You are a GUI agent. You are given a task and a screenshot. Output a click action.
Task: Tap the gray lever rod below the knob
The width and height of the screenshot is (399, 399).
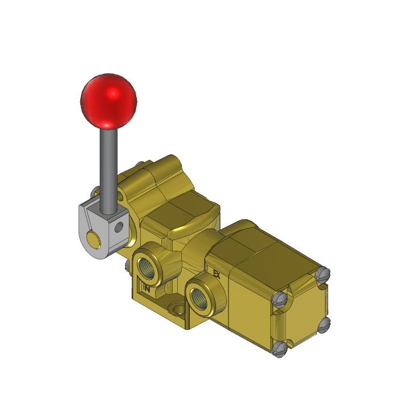[107, 165]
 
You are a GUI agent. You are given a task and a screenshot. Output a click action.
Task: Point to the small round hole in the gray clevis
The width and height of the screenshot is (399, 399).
[119, 228]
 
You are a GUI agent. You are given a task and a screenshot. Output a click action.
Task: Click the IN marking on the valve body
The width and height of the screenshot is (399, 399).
[147, 288]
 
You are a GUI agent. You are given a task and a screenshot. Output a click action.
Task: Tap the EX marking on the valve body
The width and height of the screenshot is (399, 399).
[216, 274]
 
